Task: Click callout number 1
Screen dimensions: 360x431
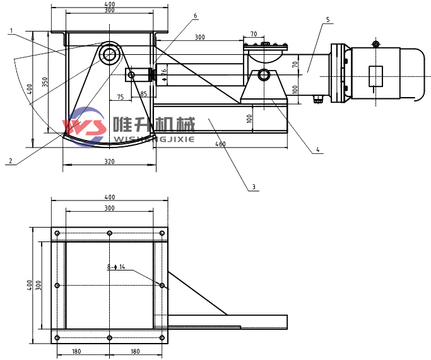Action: pyautogui.click(x=11, y=28)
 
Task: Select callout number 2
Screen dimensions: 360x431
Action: pyautogui.click(x=10, y=161)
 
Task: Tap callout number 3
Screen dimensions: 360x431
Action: pyautogui.click(x=254, y=187)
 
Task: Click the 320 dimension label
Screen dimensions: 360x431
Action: pyautogui.click(x=109, y=162)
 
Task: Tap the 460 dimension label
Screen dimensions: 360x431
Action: pyautogui.click(x=220, y=144)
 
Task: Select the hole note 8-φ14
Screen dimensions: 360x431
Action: pyautogui.click(x=116, y=267)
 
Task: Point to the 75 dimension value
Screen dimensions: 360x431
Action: pyautogui.click(x=121, y=96)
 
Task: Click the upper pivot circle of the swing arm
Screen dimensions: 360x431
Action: pyautogui.click(x=110, y=54)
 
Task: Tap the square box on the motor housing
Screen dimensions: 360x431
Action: pyautogui.click(x=376, y=74)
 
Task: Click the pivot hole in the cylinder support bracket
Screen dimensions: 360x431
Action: pyautogui.click(x=263, y=76)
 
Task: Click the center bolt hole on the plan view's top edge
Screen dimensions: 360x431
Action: pyautogui.click(x=110, y=233)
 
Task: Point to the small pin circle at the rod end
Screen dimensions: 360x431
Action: pyautogui.click(x=131, y=75)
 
